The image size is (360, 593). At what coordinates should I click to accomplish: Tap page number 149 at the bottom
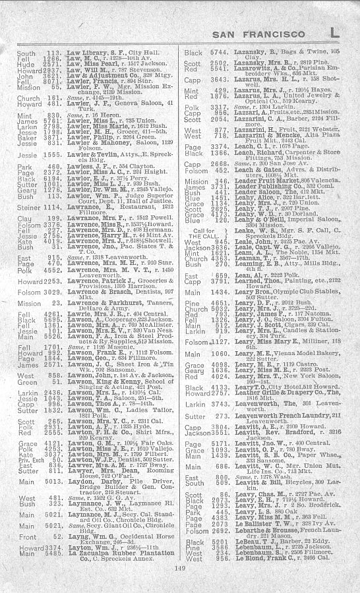click(x=180, y=569)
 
